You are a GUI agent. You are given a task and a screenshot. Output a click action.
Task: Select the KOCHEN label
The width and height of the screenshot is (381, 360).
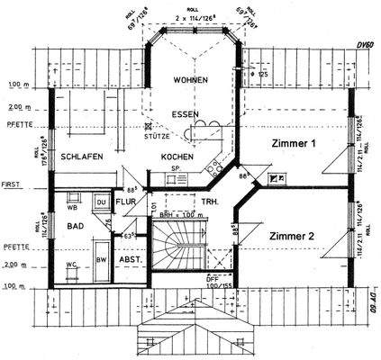click(x=178, y=157)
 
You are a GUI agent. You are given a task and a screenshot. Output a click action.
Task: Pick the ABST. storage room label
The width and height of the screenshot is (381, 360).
click(x=132, y=260)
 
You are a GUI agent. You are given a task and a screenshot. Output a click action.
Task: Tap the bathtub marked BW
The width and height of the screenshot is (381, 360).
click(x=101, y=260)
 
